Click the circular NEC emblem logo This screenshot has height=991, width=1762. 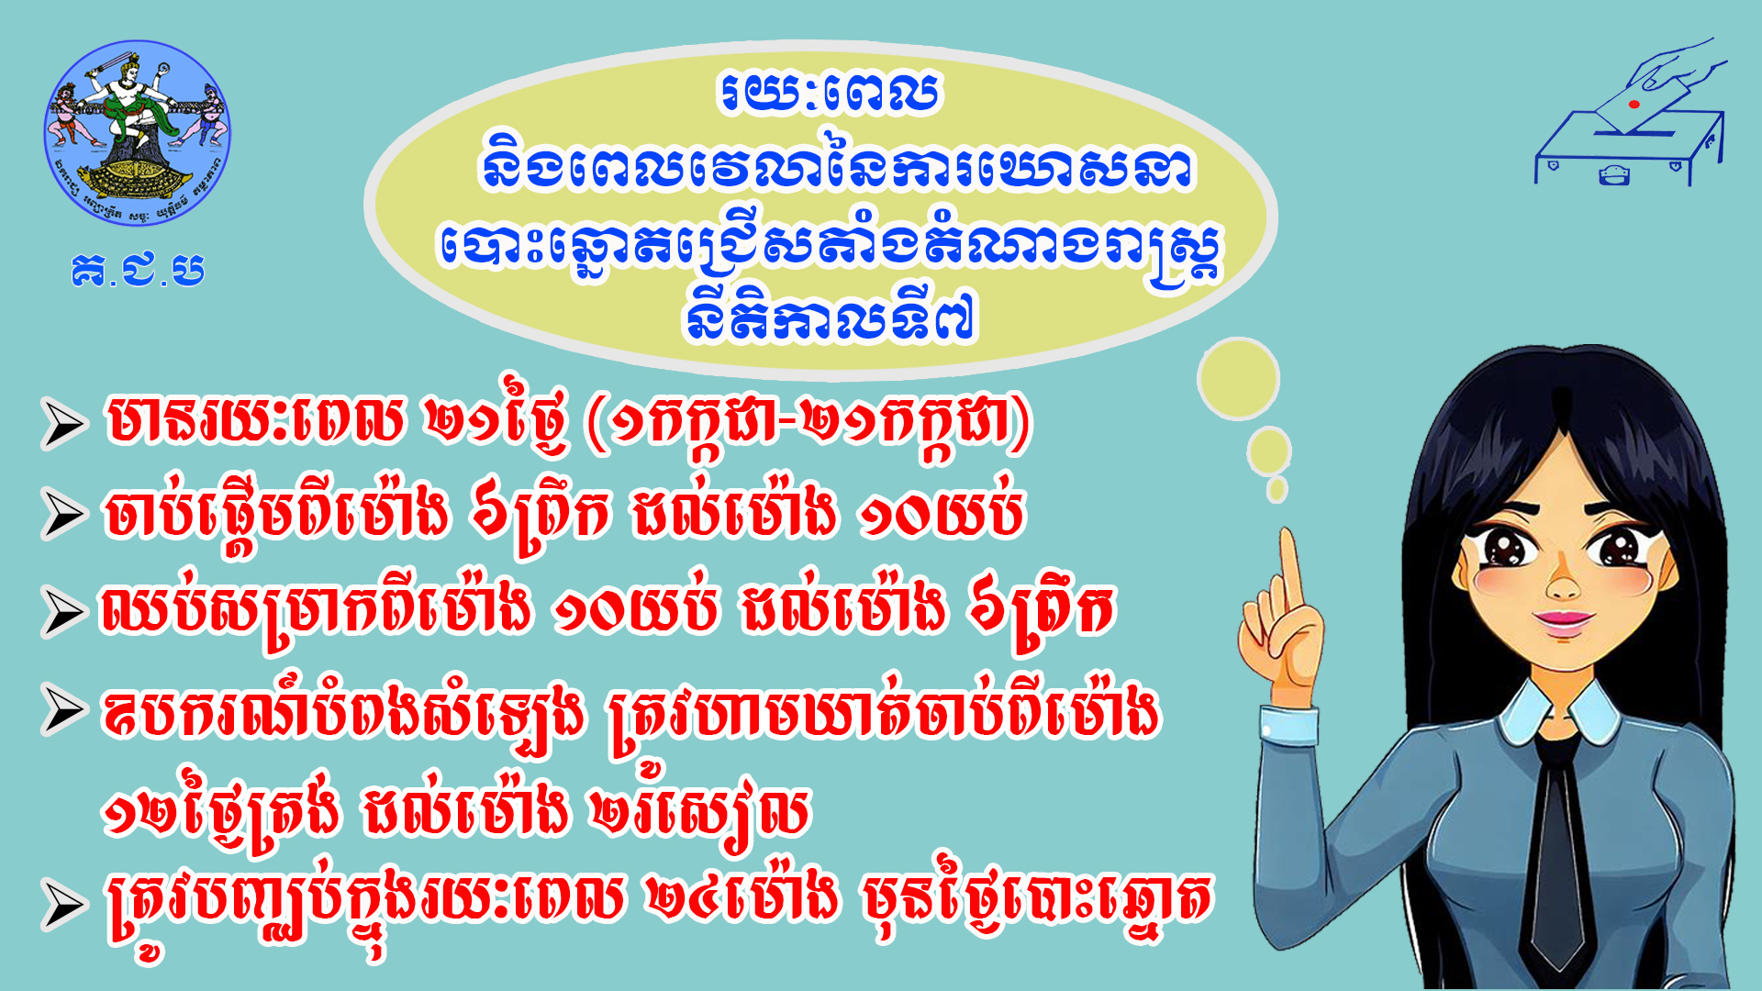coord(138,132)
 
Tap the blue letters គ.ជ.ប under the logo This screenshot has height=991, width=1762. coord(138,269)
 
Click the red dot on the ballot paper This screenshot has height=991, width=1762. coord(1634,105)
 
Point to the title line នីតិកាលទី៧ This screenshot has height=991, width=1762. coord(830,317)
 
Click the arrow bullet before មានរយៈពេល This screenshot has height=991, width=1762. coord(64,424)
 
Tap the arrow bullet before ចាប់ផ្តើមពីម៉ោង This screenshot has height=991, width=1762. coord(64,514)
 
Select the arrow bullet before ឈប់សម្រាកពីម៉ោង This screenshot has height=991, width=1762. coord(64,612)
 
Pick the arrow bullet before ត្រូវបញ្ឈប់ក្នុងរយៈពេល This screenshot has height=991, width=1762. coord(64,905)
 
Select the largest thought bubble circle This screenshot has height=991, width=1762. coord(1238,378)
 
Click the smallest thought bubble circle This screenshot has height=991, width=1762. coord(1277,490)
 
